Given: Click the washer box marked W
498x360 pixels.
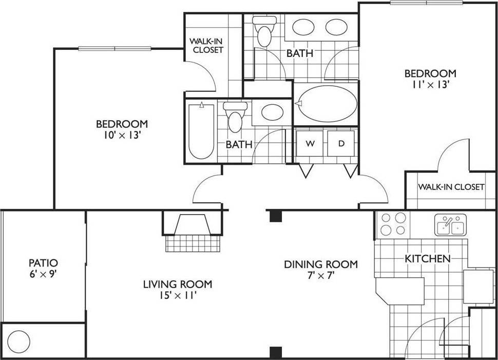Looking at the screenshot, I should click(310, 144).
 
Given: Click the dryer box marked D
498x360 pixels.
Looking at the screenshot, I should click(341, 144).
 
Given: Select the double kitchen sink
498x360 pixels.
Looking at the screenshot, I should click(450, 225).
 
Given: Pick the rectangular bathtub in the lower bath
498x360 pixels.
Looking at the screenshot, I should click(201, 132).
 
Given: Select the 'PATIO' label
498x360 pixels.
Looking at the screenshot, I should click(43, 263).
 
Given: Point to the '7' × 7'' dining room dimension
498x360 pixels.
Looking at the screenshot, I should click(321, 276).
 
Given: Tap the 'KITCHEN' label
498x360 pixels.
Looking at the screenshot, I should click(428, 258).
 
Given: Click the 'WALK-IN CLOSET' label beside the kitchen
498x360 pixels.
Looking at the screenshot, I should click(451, 187).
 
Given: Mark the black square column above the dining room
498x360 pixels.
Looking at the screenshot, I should click(276, 216).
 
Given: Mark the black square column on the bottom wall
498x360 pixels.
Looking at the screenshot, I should click(276, 352).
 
